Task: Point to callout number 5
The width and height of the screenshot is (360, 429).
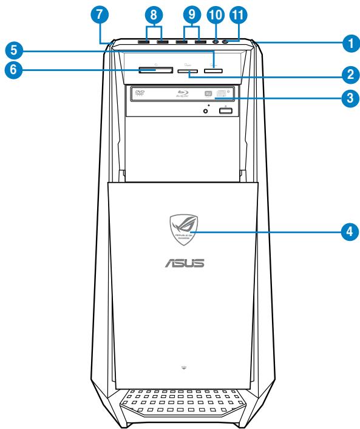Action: tap(11, 48)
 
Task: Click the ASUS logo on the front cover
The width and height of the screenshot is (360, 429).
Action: tap(180, 264)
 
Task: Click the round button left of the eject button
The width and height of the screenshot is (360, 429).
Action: tap(207, 110)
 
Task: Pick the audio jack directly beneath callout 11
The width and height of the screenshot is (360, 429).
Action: tap(226, 42)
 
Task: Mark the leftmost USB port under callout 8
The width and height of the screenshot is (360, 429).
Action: tap(145, 42)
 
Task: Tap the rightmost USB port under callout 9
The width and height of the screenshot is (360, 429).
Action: tap(200, 42)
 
